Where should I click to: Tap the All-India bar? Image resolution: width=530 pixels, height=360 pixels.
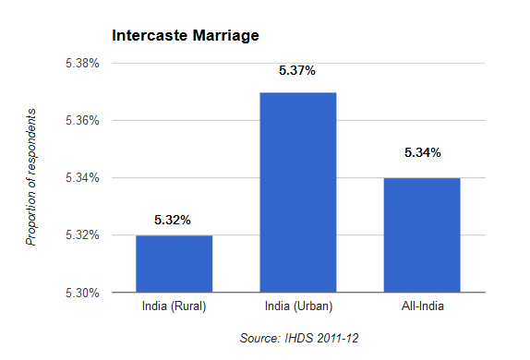(x=421, y=234)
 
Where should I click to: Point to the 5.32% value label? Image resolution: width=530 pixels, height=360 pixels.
(x=173, y=220)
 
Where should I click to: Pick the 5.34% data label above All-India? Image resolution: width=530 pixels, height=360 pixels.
(x=421, y=152)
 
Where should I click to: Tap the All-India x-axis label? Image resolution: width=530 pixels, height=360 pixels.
(x=421, y=306)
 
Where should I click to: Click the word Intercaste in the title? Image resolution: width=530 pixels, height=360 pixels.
(x=151, y=37)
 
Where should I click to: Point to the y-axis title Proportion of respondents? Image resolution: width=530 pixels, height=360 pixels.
(x=31, y=176)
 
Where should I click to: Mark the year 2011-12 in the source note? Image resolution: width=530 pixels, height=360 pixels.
(x=336, y=339)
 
